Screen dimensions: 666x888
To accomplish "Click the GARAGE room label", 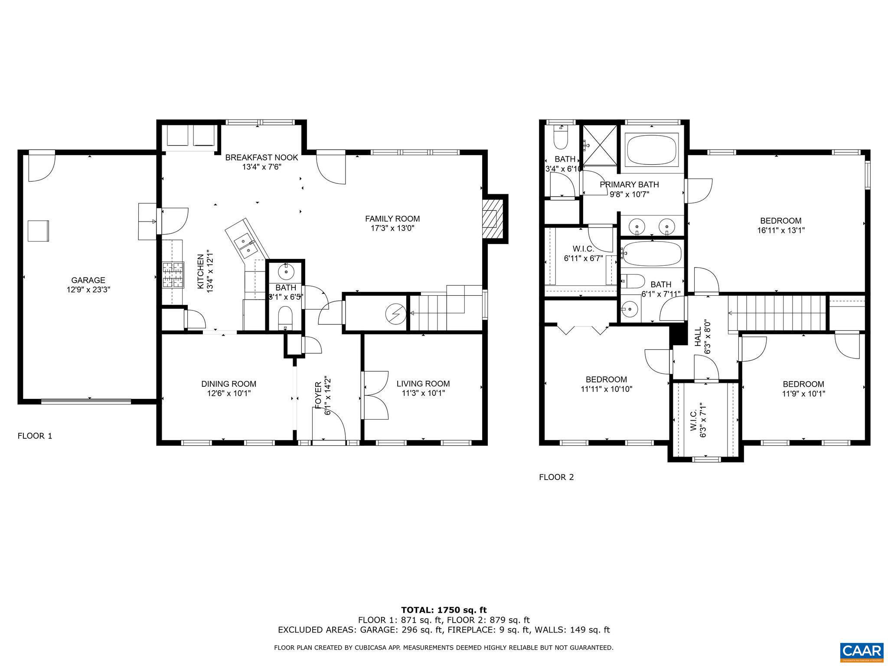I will click(88, 281).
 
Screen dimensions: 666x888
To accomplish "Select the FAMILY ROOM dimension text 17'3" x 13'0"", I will click(392, 229).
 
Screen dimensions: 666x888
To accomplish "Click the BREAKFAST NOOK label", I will click(261, 157).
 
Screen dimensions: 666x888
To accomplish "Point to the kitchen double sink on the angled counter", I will click(248, 245).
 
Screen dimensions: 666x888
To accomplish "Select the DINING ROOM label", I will click(229, 384).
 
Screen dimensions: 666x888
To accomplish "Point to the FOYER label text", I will click(317, 395).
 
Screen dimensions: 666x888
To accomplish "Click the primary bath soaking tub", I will click(652, 149).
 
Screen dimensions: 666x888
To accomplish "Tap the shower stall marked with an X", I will click(600, 145).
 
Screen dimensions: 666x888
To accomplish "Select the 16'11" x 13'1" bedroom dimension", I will click(780, 231).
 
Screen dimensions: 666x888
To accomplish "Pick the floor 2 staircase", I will click(776, 312).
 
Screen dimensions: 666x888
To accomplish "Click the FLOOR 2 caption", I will click(556, 477).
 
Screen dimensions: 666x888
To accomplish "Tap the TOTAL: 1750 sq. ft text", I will click(444, 610).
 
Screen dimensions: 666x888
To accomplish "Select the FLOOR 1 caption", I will click(35, 436).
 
